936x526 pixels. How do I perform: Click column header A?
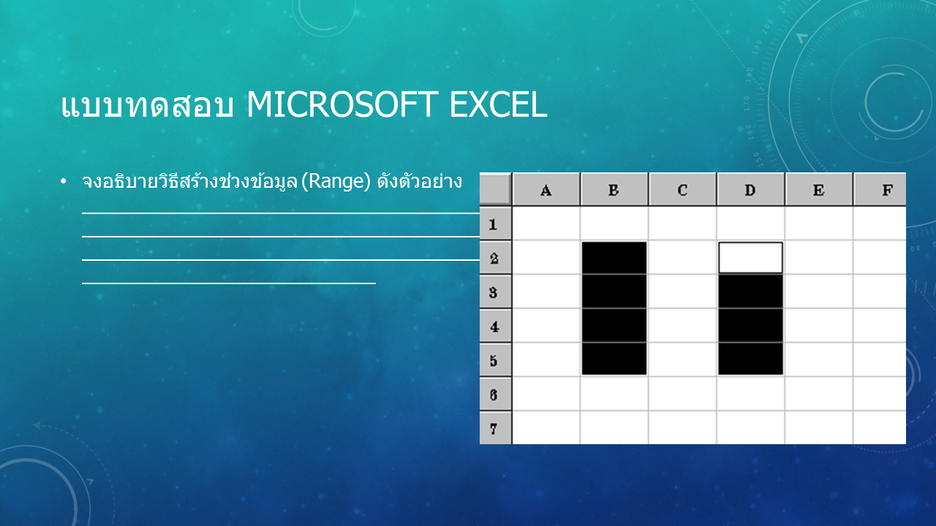(x=546, y=189)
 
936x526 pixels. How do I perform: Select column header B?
(x=614, y=189)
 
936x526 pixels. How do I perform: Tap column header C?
(x=683, y=189)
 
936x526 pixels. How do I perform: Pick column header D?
(x=751, y=189)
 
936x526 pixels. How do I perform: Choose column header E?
(x=819, y=189)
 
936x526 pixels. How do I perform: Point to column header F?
(x=880, y=189)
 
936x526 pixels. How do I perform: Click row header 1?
(x=495, y=224)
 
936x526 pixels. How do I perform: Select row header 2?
(x=495, y=258)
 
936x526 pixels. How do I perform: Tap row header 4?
(x=495, y=326)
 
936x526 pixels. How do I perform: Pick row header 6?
(x=495, y=394)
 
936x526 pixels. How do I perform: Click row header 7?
(x=495, y=428)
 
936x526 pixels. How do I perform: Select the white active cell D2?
(x=751, y=258)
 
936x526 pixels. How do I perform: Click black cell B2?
(x=614, y=258)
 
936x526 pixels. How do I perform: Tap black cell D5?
(x=751, y=359)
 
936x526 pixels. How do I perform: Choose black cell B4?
(x=614, y=326)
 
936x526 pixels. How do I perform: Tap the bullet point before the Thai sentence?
(x=63, y=181)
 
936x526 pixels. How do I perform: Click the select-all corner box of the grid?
(x=495, y=189)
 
